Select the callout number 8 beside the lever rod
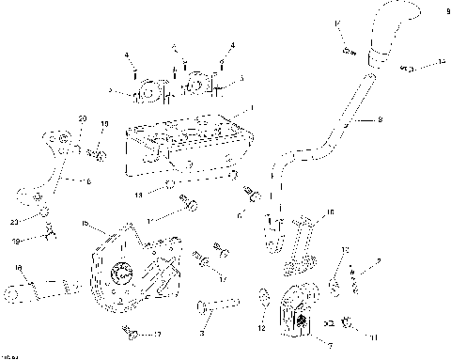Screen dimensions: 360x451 (x=380, y=119)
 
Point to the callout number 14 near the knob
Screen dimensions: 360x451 (x=441, y=62)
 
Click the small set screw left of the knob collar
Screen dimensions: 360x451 (x=347, y=49)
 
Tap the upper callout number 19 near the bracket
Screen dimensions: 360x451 (x=104, y=123)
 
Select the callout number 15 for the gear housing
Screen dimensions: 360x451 (x=84, y=223)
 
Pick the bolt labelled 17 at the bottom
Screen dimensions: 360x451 (x=132, y=334)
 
